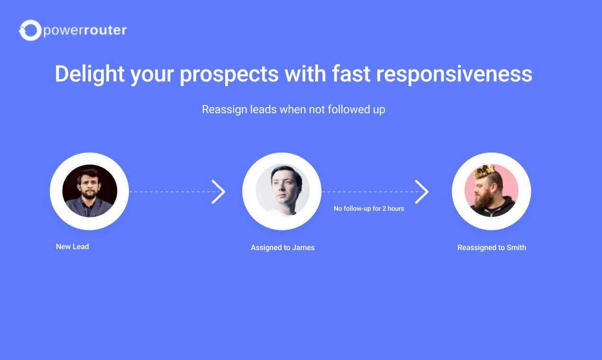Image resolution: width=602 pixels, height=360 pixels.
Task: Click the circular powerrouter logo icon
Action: [x=30, y=30]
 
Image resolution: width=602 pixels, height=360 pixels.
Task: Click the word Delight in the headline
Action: [x=90, y=74]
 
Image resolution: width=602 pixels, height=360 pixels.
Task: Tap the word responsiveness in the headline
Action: [x=454, y=74]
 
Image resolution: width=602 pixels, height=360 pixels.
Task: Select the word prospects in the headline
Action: [x=229, y=74]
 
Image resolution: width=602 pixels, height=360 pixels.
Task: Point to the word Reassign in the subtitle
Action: [x=224, y=109]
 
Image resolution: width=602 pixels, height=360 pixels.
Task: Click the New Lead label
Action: [x=73, y=247]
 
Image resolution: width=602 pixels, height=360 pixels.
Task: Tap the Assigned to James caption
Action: [x=283, y=247]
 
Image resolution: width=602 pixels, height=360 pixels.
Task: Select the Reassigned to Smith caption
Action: [x=492, y=247]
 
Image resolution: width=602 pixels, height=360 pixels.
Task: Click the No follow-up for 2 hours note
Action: [x=369, y=208]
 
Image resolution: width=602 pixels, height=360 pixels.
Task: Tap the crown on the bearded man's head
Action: [x=484, y=171]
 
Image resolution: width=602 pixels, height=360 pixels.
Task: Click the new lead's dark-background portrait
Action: [x=90, y=191]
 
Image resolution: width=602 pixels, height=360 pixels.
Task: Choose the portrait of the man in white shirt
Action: [x=283, y=191]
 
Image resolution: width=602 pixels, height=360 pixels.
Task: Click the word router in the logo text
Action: [x=105, y=30]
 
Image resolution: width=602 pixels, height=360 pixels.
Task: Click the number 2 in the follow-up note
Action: [x=384, y=208]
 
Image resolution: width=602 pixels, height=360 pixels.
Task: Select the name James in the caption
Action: [x=303, y=247]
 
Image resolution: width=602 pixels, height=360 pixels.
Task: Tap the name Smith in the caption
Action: [x=516, y=247]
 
